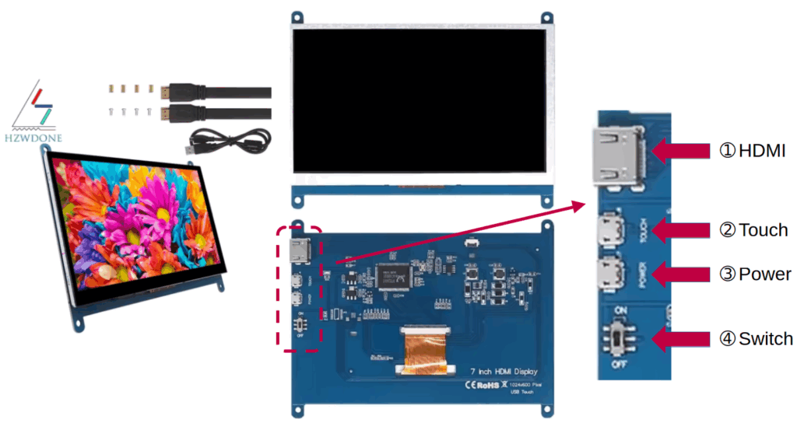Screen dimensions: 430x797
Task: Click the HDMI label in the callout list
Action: point(752,151)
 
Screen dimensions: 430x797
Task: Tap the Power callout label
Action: point(754,274)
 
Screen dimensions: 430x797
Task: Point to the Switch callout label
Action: point(756,339)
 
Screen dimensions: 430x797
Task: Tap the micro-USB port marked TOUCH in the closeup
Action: point(608,230)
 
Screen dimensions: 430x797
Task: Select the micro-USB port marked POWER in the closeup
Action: point(608,274)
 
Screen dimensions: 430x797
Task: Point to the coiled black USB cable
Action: point(233,139)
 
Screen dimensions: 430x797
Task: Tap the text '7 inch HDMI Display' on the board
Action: point(502,372)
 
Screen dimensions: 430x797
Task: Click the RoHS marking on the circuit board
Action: point(482,383)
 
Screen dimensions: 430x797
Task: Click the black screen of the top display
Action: point(421,99)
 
